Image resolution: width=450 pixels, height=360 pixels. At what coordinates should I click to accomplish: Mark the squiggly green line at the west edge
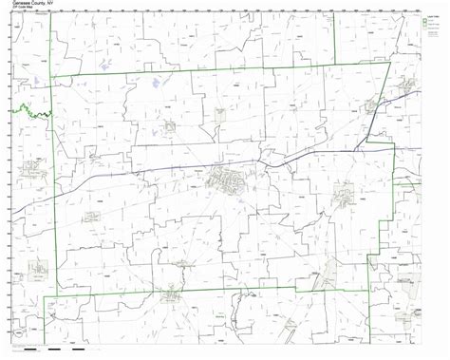point(28,111)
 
